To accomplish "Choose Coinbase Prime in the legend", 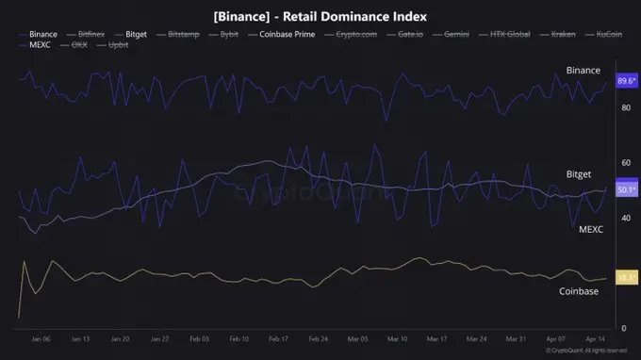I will coord(287,33).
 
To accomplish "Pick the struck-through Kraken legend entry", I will coord(551,33).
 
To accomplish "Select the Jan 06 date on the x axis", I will coord(40,338).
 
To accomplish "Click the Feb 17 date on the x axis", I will coord(278,338).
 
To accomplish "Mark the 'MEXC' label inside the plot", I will coord(590,229).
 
